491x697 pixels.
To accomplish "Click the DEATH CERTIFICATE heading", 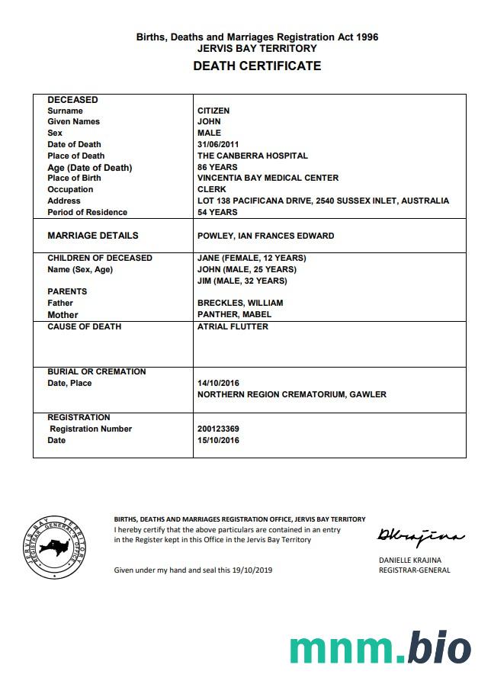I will pyautogui.click(x=257, y=66).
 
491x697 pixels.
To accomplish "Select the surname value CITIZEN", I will pyautogui.click(x=213, y=111).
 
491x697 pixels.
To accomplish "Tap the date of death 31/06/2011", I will pyautogui.click(x=218, y=144).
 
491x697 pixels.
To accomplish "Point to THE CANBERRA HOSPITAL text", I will pyautogui.click(x=252, y=156).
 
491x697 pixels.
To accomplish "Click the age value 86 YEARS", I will pyautogui.click(x=217, y=167).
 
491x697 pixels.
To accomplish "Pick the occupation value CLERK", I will pyautogui.click(x=211, y=189).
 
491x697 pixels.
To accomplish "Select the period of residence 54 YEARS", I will pyautogui.click(x=217, y=212).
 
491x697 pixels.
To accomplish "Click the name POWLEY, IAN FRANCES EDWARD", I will pyautogui.click(x=265, y=236).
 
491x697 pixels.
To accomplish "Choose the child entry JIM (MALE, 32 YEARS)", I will pyautogui.click(x=242, y=281).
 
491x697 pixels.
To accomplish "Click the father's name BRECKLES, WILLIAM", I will pyautogui.click(x=240, y=303).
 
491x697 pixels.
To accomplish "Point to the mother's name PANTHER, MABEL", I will pyautogui.click(x=234, y=314).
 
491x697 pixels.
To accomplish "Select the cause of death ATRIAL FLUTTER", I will pyautogui.click(x=233, y=326).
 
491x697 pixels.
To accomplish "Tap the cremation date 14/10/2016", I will pyautogui.click(x=218, y=383).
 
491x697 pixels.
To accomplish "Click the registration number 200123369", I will pyautogui.click(x=218, y=429).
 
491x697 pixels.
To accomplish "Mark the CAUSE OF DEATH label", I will pyautogui.click(x=85, y=326).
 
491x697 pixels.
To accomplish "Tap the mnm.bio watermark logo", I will pyautogui.click(x=380, y=647).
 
